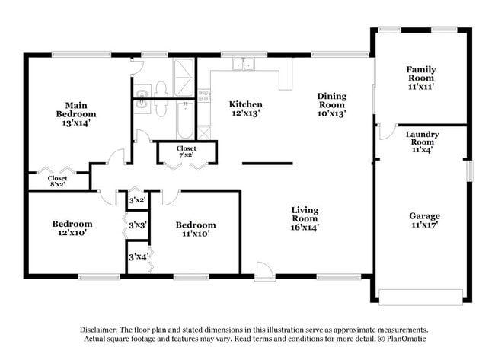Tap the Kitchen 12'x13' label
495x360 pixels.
tap(245, 109)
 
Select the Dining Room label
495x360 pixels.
tap(332, 104)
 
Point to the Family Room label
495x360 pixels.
tap(420, 78)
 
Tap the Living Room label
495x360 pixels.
tap(305, 218)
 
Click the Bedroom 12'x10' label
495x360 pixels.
tap(72, 229)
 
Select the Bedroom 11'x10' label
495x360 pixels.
tap(195, 230)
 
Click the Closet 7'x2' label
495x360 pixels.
tap(186, 151)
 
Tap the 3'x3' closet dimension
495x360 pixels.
tap(138, 225)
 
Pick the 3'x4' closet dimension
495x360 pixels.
tap(138, 257)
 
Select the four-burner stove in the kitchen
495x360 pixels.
tap(204, 96)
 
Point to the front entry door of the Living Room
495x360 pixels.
tap(265, 270)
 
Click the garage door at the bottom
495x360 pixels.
tap(421, 298)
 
